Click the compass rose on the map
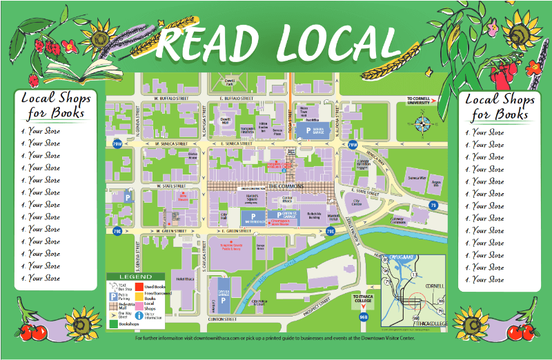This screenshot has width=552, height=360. [424, 123]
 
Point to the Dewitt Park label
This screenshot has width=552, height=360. [230, 81]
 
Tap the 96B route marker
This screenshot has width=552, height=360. [364, 317]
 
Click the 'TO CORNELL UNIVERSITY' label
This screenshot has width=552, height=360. [422, 100]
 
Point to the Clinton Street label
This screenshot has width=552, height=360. [221, 319]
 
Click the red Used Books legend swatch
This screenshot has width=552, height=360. [138, 286]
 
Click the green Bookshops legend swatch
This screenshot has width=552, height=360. [112, 322]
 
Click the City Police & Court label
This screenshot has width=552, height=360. [259, 302]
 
